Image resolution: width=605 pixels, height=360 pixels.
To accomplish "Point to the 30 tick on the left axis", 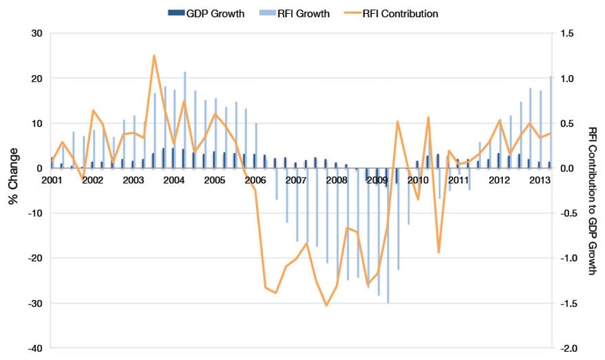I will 37,33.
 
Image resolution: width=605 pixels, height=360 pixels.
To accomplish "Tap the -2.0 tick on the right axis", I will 567,348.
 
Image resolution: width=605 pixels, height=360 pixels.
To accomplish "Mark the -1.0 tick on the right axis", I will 567,258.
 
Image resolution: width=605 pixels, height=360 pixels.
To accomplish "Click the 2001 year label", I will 52,180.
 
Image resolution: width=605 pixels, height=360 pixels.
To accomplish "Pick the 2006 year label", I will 255,180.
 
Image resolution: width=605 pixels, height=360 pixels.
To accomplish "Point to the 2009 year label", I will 377,180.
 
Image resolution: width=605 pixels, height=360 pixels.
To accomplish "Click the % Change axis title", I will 12,177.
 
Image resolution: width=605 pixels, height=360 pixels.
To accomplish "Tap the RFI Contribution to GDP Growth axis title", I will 592,200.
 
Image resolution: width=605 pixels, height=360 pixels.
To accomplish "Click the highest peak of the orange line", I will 154,55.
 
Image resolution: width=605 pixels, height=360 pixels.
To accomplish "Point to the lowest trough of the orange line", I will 326,306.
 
